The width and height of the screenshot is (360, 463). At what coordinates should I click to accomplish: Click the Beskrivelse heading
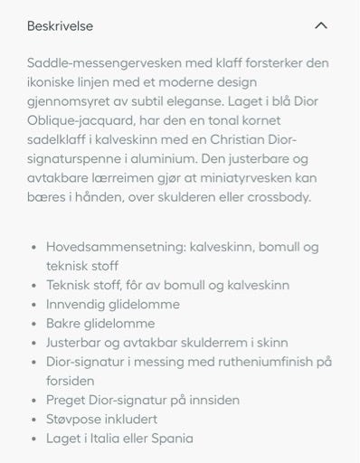click(60, 26)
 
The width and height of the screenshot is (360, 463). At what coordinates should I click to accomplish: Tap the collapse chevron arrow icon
click(320, 26)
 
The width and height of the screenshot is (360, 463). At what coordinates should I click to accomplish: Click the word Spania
click(173, 439)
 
